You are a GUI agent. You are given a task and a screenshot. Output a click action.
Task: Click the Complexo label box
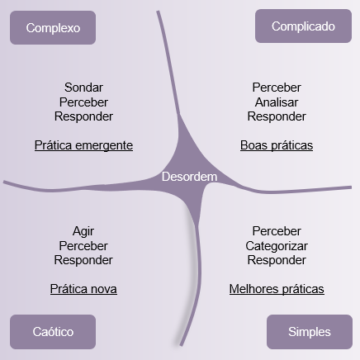[x=53, y=27]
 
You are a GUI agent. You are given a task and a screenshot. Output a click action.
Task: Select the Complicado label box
[x=303, y=26]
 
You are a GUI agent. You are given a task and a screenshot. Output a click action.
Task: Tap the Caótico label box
[x=53, y=332]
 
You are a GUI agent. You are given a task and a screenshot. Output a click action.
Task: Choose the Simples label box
[x=310, y=332]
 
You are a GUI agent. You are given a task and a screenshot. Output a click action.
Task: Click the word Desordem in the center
[x=189, y=177]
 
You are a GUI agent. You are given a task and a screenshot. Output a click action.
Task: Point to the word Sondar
[x=83, y=88]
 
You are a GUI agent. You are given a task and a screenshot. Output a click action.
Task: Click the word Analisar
[x=277, y=102]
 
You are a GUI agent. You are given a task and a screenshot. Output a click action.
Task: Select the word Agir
[x=83, y=231]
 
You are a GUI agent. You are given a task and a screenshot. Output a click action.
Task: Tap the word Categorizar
[x=277, y=246]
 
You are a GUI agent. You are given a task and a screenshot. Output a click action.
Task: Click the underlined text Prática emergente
[x=83, y=145]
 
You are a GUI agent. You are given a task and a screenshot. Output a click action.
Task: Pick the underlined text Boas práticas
[x=277, y=145]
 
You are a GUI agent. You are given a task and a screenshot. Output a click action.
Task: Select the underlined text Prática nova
[x=83, y=289]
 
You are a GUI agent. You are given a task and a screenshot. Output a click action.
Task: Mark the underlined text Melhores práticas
[x=277, y=289]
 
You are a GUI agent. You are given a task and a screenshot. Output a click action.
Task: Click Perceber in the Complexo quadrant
[x=83, y=102]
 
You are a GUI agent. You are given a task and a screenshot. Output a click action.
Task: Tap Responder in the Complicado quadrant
[x=277, y=116]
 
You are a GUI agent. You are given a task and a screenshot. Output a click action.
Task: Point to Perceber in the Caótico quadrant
[x=83, y=246]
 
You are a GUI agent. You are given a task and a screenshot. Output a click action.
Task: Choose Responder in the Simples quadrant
[x=277, y=260]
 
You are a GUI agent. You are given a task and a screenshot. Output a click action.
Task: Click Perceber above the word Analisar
[x=277, y=88]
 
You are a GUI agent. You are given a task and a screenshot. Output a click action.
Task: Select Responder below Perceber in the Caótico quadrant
[x=83, y=260]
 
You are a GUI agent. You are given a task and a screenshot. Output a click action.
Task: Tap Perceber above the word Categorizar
[x=277, y=231]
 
